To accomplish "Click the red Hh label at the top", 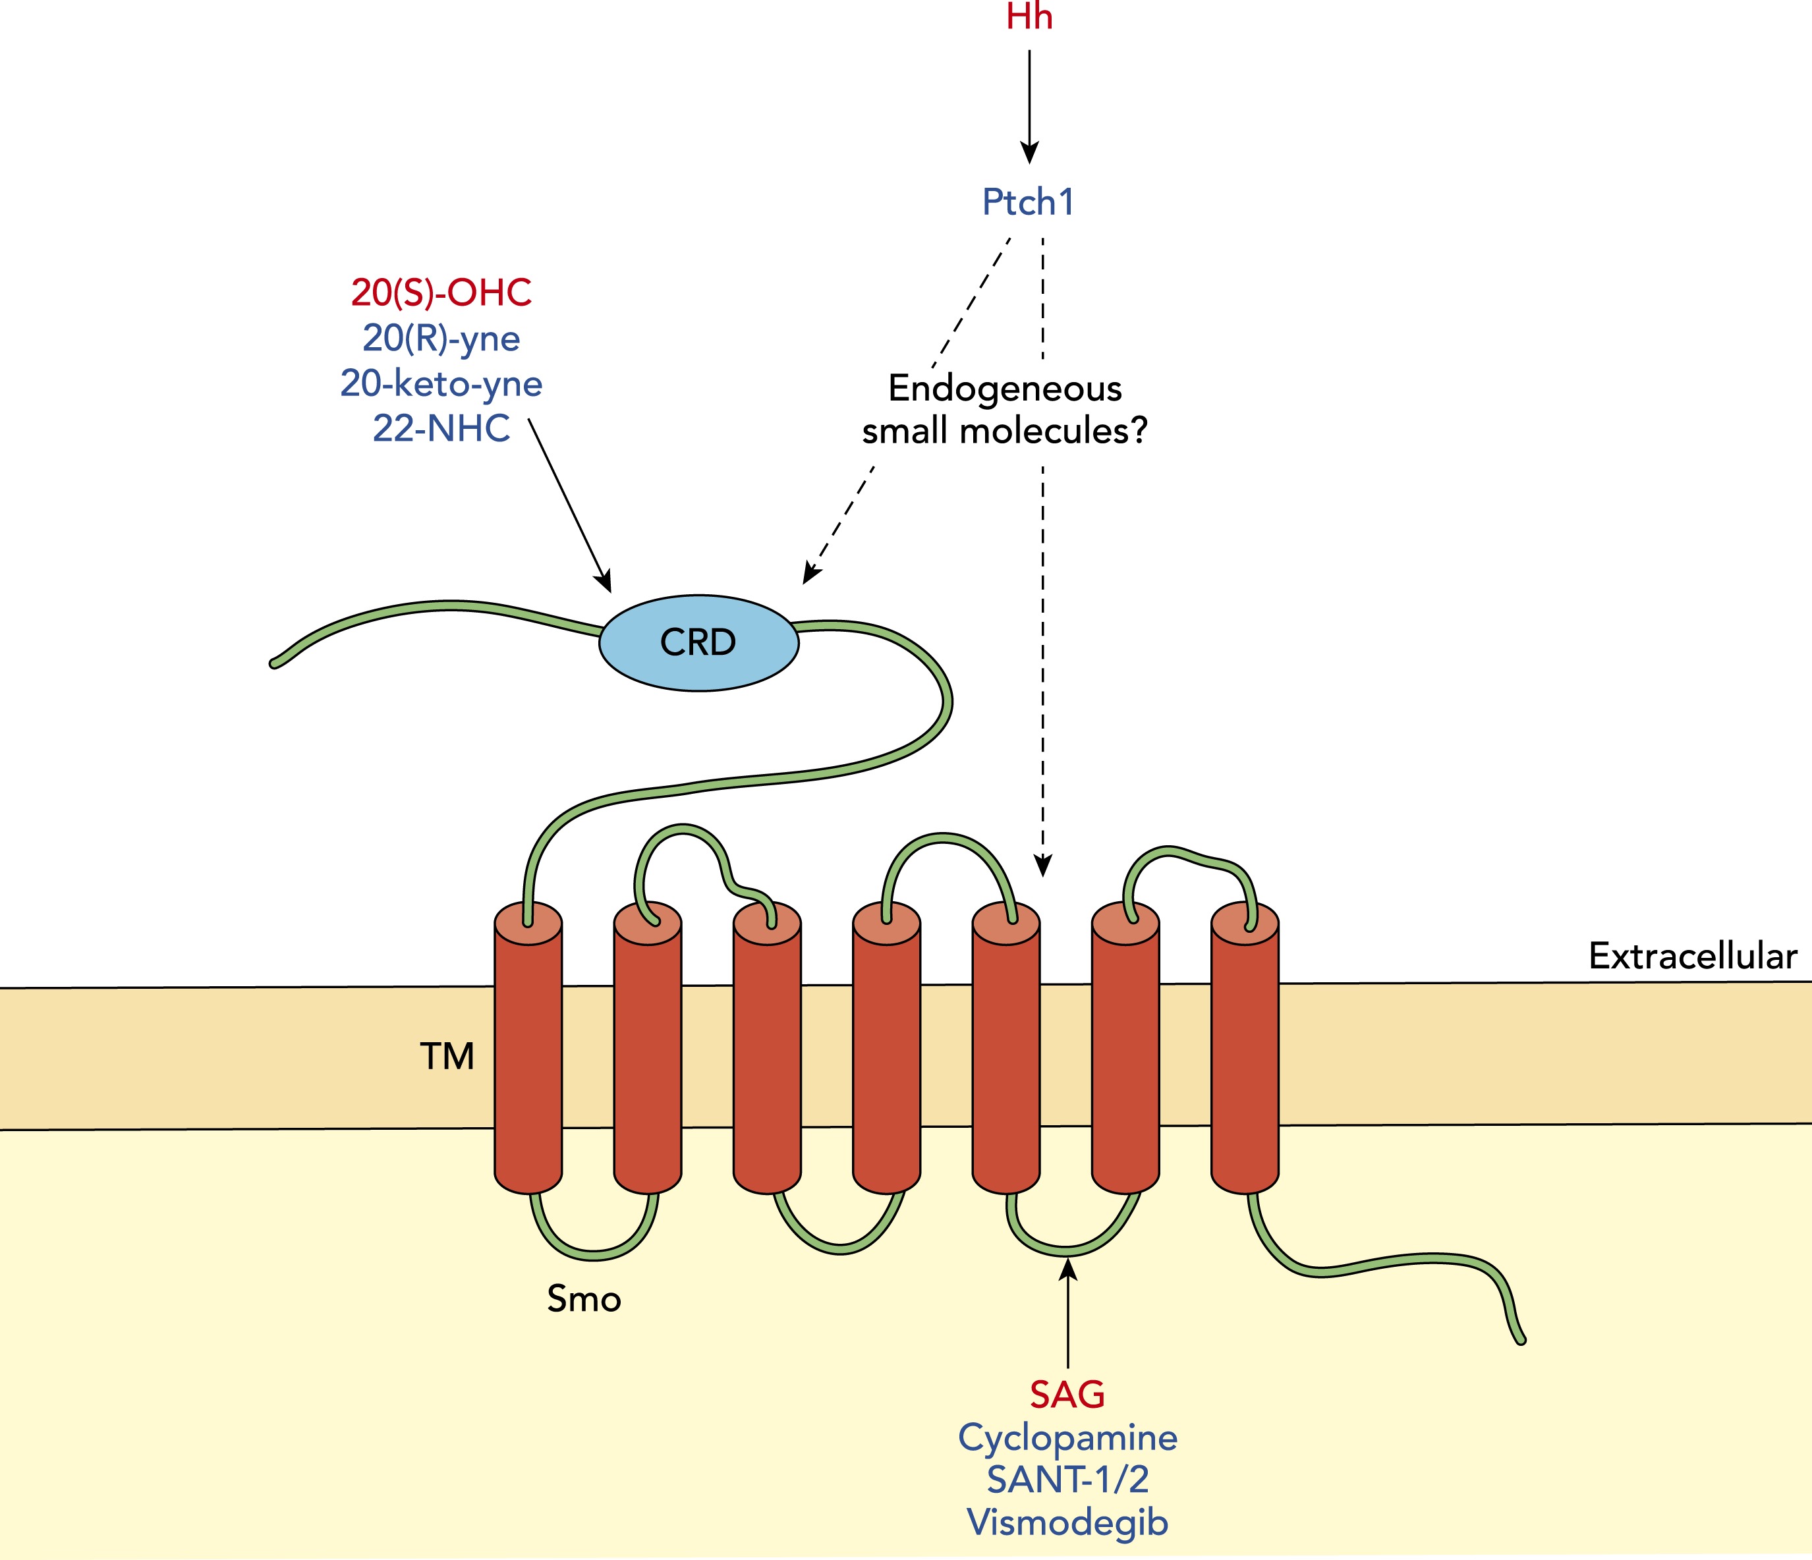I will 1029,18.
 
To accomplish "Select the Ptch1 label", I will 1027,202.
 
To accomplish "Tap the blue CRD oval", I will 698,643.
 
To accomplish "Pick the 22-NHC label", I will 441,428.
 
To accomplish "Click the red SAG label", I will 1067,1395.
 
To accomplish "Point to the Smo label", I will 584,1299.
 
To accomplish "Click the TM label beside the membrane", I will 447,1056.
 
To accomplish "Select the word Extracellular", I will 1692,957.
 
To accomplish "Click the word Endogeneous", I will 1005,388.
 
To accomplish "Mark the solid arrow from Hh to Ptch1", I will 1029,105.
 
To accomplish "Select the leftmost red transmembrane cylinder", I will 528,1049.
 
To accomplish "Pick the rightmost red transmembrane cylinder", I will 1245,1049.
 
